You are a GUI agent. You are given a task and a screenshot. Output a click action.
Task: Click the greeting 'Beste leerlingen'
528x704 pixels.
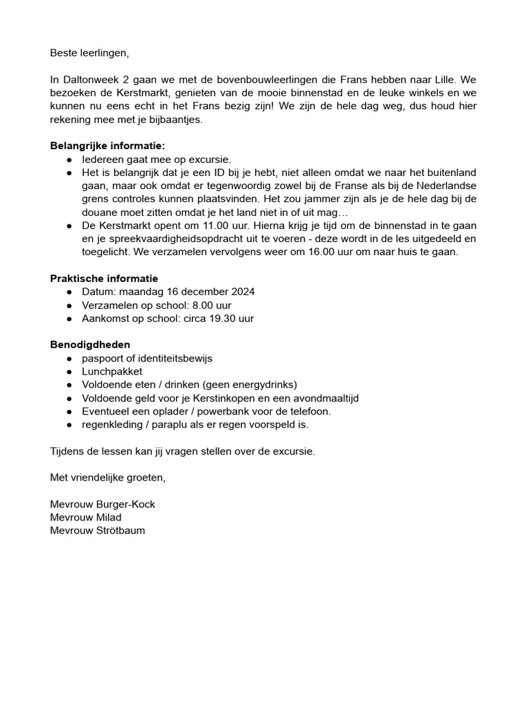pos(89,53)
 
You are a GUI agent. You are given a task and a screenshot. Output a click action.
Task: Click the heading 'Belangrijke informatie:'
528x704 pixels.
pos(108,146)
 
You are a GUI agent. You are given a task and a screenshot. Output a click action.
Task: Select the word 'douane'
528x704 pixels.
pos(98,212)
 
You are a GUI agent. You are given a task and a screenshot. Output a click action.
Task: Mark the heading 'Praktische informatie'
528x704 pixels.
pos(104,278)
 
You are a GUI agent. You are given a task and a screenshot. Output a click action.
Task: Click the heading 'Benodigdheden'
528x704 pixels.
pos(90,344)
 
